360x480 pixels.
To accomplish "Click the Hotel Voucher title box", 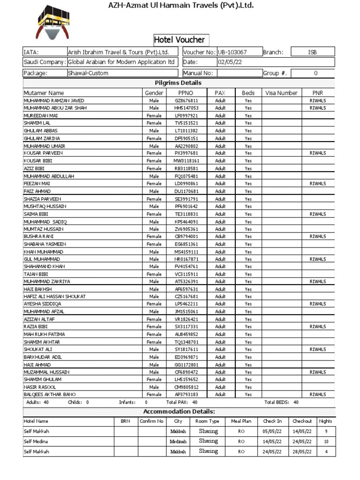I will point(180,40).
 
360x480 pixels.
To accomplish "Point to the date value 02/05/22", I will point(230,62).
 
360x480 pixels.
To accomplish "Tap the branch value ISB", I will point(312,52).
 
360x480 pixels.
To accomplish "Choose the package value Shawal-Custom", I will point(88,73).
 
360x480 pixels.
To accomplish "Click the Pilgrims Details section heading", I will point(178,83).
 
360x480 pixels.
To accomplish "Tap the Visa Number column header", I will point(281,93).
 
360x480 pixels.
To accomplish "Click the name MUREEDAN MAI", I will point(41,115).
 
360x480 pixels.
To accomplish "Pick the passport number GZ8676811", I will point(187,100).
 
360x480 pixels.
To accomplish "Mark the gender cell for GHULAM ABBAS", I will point(154,131).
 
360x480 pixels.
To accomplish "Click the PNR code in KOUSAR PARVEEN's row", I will point(317,153).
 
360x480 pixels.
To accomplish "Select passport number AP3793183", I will point(187,394).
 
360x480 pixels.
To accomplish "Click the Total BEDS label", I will point(277,402).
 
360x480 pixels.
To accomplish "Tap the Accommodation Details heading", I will point(179,411).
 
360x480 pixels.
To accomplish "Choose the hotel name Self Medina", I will point(37,441).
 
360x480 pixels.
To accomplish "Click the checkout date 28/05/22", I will point(302,451).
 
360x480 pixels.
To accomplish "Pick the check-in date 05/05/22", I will point(272,431).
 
